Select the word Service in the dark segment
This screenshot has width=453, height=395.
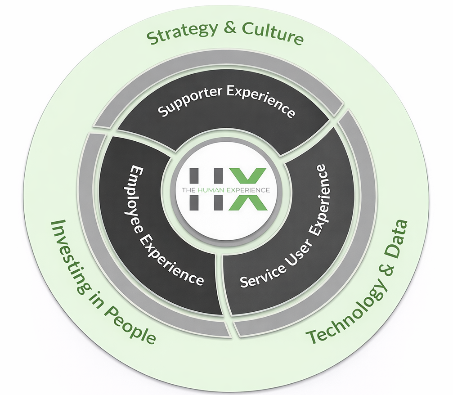256,274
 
